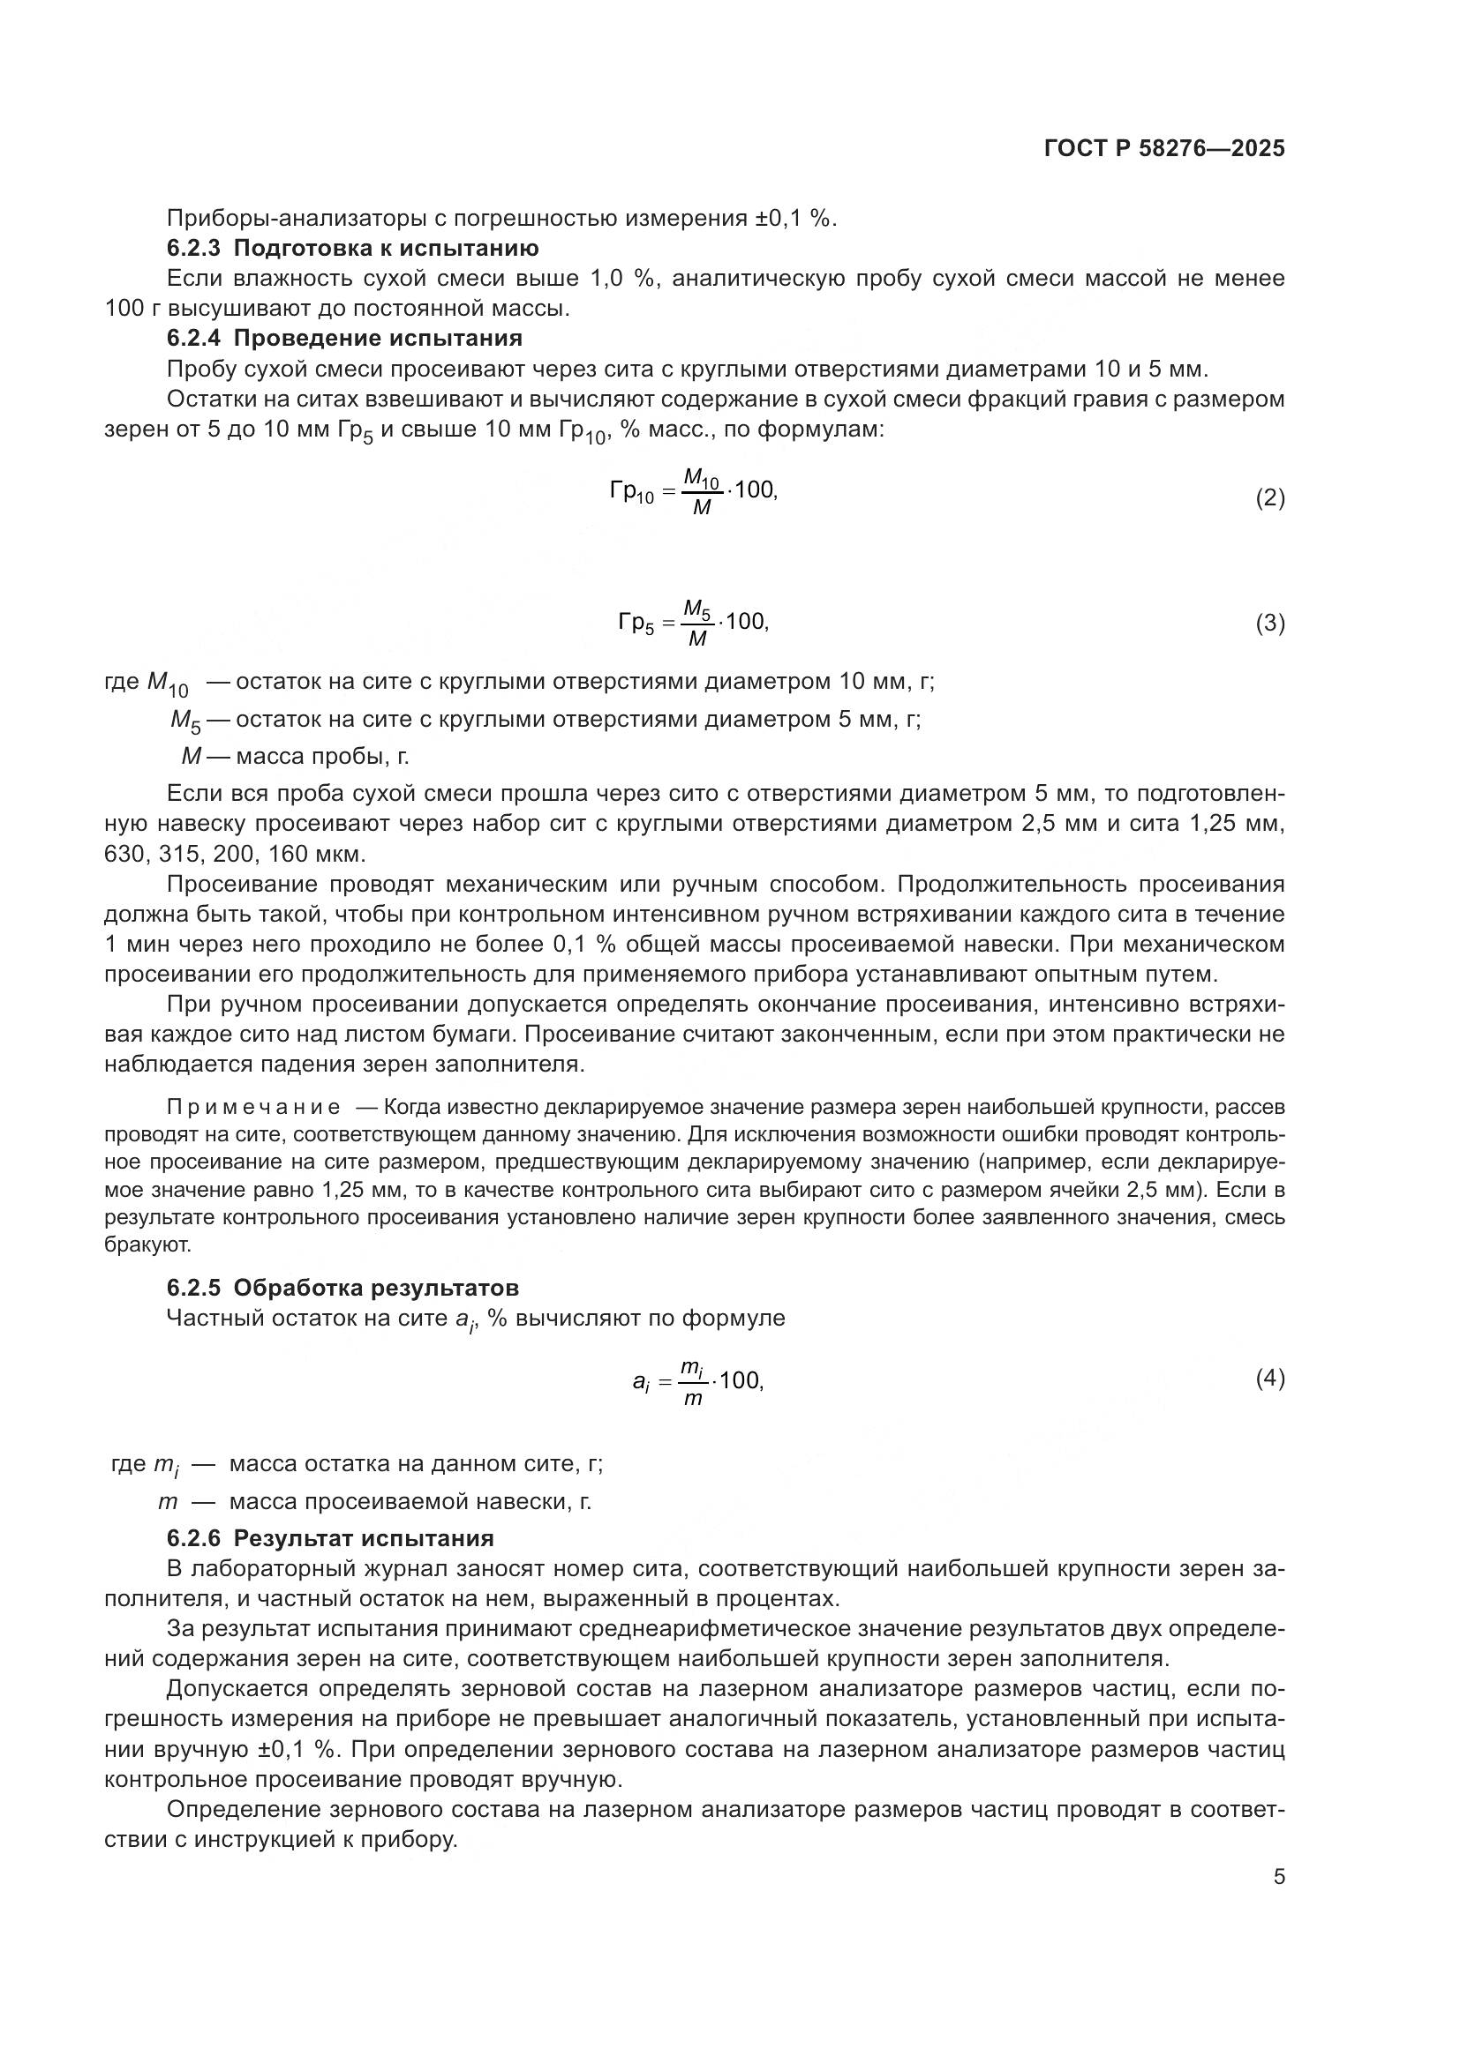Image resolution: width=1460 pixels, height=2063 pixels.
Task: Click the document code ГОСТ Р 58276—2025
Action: point(1164,148)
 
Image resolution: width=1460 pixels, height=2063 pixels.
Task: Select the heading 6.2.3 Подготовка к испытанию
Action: point(352,248)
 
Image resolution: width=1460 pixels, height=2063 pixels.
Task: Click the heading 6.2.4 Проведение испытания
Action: point(344,338)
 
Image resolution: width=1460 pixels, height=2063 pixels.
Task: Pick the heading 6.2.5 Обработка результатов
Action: point(342,1288)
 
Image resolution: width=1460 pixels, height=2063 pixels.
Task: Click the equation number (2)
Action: point(1269,497)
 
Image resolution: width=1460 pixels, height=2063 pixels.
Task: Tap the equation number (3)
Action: point(1269,623)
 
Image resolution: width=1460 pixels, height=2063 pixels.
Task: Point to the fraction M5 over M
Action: point(696,623)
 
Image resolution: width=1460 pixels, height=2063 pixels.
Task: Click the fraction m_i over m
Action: point(691,1382)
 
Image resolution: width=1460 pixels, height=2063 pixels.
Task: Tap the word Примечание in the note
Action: point(253,1107)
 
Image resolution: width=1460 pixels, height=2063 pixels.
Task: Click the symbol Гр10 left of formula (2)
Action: point(631,492)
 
